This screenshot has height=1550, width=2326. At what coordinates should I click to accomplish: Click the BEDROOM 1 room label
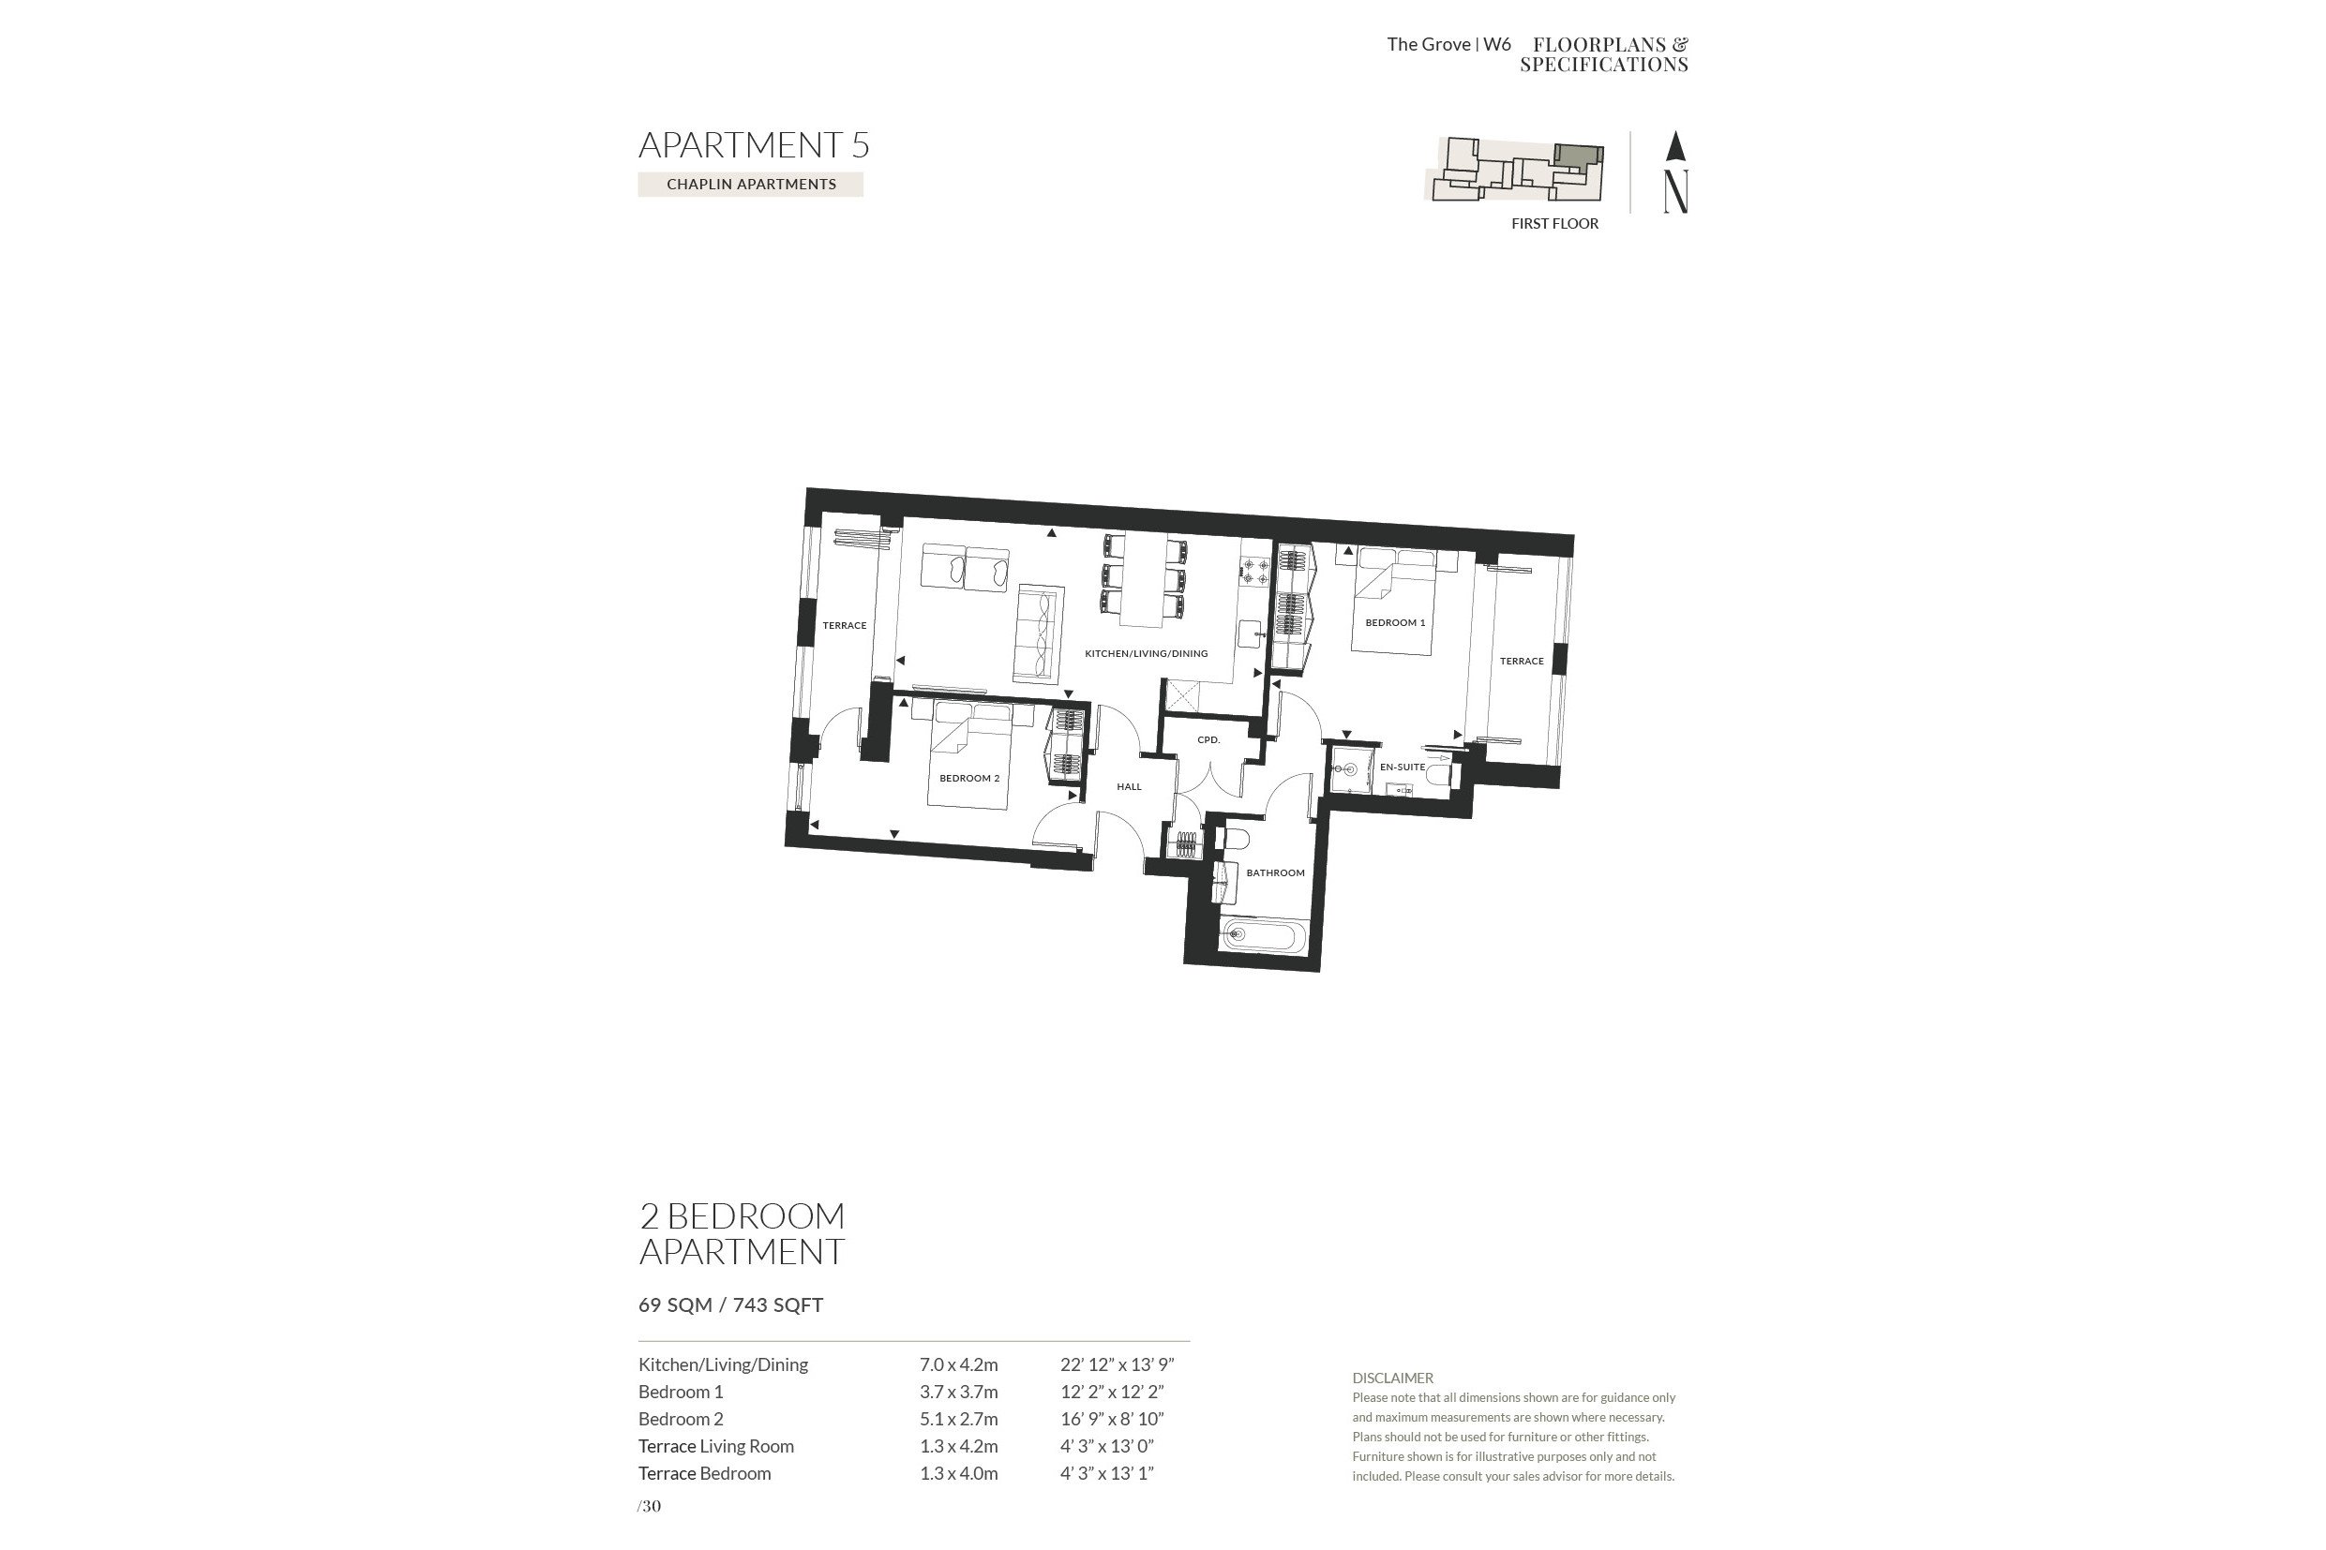pyautogui.click(x=1394, y=623)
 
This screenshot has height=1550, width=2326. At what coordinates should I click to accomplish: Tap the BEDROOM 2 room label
pyautogui.click(x=969, y=779)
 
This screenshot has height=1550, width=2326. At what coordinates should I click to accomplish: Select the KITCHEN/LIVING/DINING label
pyautogui.click(x=1147, y=653)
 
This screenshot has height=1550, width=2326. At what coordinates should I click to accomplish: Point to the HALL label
pyautogui.click(x=1130, y=787)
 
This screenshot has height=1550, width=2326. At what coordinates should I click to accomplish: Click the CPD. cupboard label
pyautogui.click(x=1208, y=739)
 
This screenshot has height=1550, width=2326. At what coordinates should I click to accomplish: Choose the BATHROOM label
pyautogui.click(x=1275, y=872)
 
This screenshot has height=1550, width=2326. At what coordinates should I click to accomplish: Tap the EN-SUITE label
pyautogui.click(x=1403, y=768)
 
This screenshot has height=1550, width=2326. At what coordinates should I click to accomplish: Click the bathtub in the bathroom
pyautogui.click(x=1264, y=934)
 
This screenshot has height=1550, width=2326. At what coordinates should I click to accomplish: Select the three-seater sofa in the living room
pyautogui.click(x=1039, y=633)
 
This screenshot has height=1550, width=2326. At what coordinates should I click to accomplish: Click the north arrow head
pyautogui.click(x=1674, y=145)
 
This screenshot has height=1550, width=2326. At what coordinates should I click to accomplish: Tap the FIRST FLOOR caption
pyautogui.click(x=1554, y=223)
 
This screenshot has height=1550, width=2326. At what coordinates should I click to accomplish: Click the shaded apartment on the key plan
pyautogui.click(x=1576, y=158)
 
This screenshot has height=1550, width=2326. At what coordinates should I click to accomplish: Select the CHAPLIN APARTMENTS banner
pyautogui.click(x=751, y=184)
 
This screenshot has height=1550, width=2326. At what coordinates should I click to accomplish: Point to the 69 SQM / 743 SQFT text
pyautogui.click(x=731, y=1304)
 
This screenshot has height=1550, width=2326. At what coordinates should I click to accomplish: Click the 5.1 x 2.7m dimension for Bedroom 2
pyautogui.click(x=958, y=1419)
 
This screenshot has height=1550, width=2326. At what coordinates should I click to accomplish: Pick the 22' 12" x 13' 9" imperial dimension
pyautogui.click(x=1117, y=1364)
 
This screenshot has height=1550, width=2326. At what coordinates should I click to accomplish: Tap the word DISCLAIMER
pyautogui.click(x=1392, y=1378)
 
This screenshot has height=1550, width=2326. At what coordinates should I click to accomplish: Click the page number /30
pyautogui.click(x=650, y=1507)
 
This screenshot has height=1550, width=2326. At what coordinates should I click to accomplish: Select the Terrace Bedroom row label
pyautogui.click(x=704, y=1473)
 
